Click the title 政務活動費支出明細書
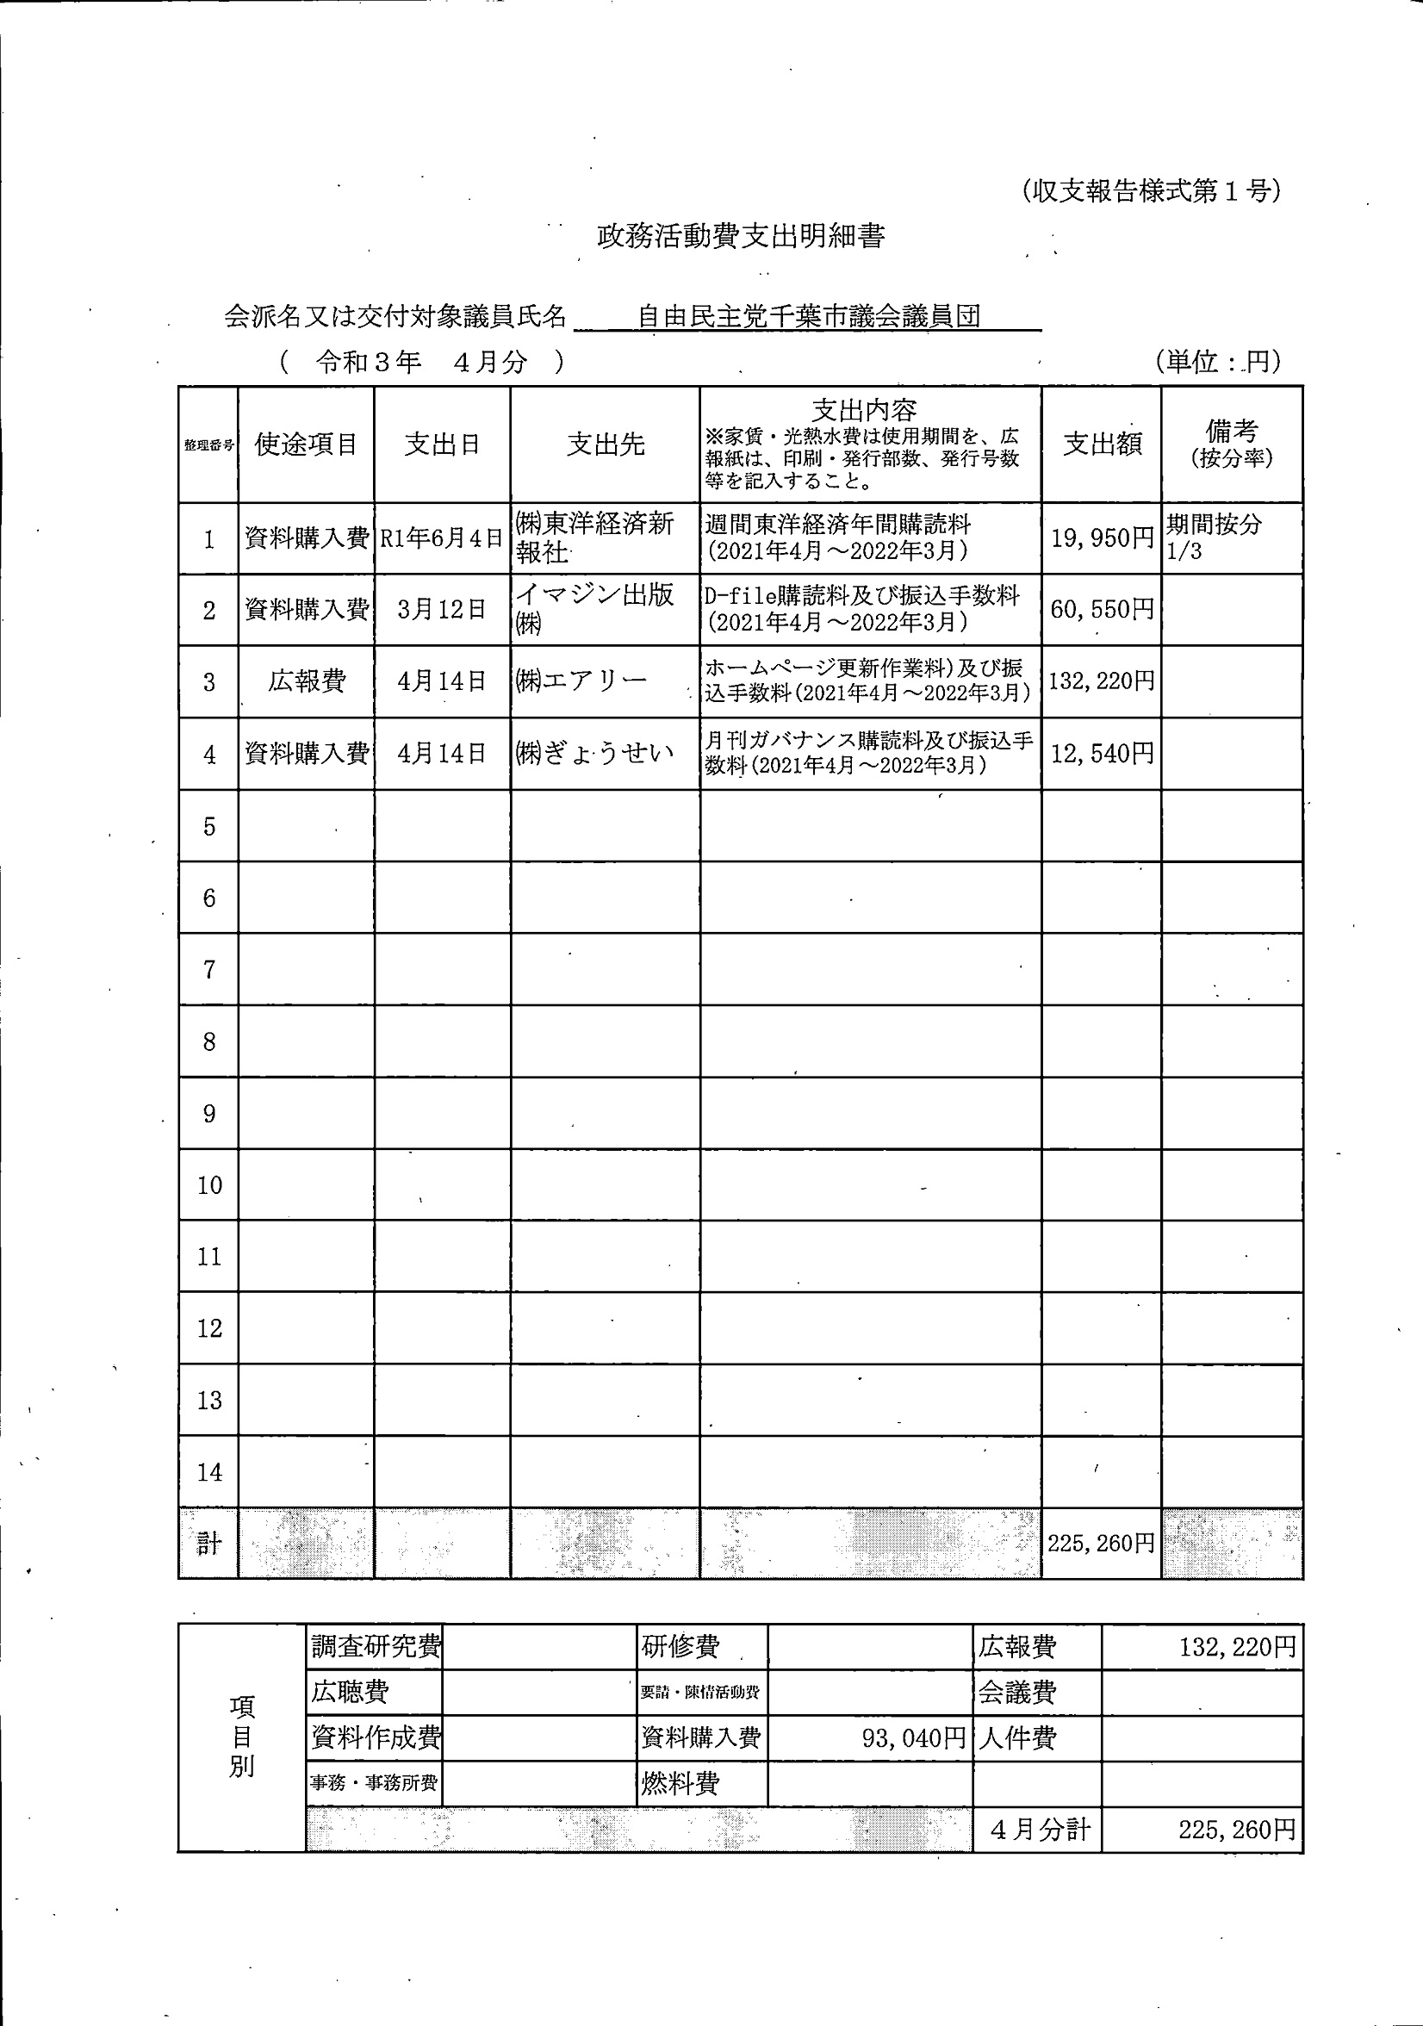(x=740, y=237)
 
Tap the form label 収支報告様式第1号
(x=1151, y=191)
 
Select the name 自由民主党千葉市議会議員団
(x=808, y=316)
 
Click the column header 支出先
(x=605, y=444)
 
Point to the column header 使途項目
(x=305, y=444)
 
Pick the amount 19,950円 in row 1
(x=1101, y=538)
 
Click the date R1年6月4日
(x=441, y=538)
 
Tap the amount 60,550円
(x=1101, y=609)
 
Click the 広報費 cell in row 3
(x=306, y=681)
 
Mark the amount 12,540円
(x=1101, y=754)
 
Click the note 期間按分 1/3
(x=1214, y=538)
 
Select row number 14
(x=209, y=1472)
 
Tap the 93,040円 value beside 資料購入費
(x=913, y=1738)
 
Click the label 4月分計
(x=1039, y=1829)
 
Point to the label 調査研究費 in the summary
(x=376, y=1647)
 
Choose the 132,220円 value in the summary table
(x=1237, y=1647)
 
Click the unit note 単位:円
(x=1217, y=362)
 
